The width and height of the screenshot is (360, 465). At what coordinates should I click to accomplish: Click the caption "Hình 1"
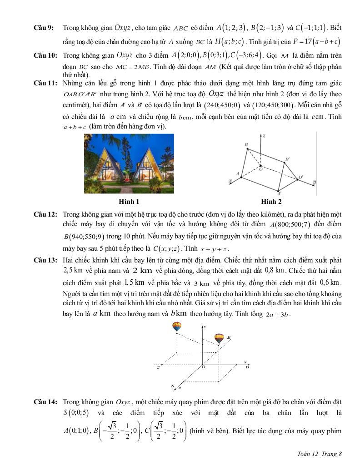129,201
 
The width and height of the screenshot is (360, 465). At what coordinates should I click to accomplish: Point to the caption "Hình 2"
271,201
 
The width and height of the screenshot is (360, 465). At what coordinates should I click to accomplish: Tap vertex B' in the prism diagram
287,160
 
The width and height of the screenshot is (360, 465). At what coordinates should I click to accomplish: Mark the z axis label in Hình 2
265,136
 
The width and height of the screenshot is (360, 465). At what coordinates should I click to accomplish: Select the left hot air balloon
176,326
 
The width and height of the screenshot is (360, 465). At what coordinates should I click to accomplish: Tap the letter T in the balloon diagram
158,367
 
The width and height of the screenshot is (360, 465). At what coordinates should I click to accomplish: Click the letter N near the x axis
173,386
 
